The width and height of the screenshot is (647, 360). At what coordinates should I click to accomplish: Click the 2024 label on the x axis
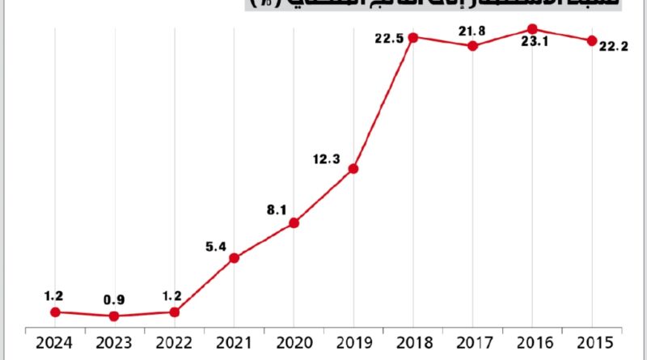point(55,343)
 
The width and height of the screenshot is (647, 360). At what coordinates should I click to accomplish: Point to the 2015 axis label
point(592,343)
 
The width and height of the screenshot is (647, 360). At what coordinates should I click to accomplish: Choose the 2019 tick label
point(353,343)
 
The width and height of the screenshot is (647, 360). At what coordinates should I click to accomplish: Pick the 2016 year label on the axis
point(532,343)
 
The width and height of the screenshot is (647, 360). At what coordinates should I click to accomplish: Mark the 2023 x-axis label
point(114,343)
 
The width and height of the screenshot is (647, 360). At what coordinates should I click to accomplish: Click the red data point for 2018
point(413,37)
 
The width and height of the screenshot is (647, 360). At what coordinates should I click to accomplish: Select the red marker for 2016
point(532,29)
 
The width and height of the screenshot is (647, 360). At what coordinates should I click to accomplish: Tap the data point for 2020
point(294,222)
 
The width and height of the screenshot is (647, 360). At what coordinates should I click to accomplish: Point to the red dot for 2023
point(114,316)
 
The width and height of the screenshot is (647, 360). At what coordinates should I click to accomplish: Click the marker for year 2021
point(234,258)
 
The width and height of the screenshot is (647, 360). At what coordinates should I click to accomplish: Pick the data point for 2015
point(592,40)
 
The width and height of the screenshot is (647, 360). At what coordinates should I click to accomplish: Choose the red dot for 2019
point(353,168)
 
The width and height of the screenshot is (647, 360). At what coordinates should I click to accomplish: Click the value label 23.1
point(535,43)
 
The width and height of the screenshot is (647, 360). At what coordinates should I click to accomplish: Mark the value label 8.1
point(277,210)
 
